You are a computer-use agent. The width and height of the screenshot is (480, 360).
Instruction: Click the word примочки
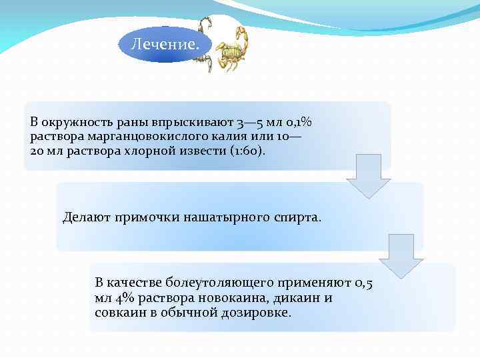pyautogui.click(x=145, y=217)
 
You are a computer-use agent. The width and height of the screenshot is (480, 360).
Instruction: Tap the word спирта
pyautogui.click(x=298, y=217)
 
